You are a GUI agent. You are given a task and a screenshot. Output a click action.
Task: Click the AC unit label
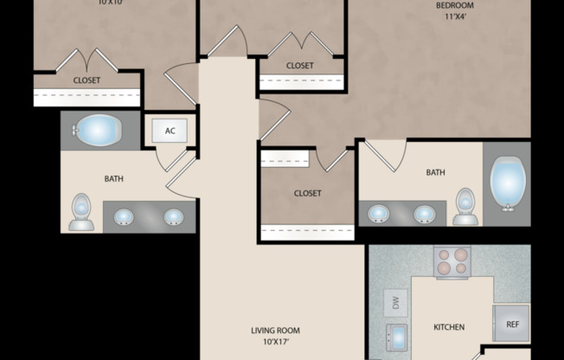click(170, 131)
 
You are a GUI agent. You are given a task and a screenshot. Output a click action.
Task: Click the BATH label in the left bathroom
click(113, 179)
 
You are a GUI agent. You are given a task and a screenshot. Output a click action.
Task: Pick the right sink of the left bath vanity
click(174, 216)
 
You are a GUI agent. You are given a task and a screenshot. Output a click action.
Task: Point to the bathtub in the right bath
click(508, 183)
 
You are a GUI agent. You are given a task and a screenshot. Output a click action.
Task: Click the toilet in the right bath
click(465, 206)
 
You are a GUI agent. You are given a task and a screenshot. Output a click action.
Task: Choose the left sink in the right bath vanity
click(379, 213)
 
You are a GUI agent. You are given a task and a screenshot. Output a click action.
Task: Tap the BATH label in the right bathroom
click(435, 172)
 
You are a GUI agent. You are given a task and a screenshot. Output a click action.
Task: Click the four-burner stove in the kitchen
click(451, 261)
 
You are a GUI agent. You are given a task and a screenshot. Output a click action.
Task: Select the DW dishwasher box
click(394, 303)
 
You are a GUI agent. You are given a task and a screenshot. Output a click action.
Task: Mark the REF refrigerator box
click(510, 324)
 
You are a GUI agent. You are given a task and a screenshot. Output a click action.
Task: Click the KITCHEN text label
click(449, 327)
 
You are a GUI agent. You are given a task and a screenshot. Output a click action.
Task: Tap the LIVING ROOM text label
click(274, 330)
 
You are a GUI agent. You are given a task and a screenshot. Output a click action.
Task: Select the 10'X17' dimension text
click(274, 341)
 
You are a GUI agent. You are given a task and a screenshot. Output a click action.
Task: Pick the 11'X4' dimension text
click(455, 16)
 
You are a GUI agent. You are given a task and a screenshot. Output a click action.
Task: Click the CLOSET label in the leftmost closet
click(87, 80)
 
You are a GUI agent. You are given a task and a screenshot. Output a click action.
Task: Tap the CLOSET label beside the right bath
click(307, 193)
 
